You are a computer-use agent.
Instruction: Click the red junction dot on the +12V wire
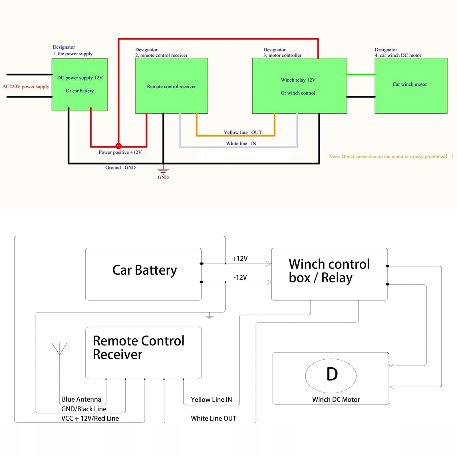[118, 146]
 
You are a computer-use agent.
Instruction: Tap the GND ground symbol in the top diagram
[163, 171]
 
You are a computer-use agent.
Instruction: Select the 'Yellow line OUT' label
[242, 132]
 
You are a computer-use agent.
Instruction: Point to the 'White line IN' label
[241, 144]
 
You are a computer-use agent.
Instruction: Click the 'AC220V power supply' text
[26, 86]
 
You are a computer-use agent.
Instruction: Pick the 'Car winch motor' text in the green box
[409, 84]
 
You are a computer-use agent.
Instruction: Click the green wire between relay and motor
[361, 75]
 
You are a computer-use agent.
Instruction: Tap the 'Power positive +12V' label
[120, 152]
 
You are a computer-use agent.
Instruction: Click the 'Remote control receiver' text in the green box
[171, 86]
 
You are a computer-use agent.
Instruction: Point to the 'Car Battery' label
[144, 270]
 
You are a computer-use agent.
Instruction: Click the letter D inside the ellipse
[332, 374]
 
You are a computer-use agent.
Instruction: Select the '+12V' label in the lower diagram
[240, 259]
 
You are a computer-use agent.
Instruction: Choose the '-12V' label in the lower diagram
[240, 277]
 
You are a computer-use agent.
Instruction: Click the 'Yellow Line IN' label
[211, 400]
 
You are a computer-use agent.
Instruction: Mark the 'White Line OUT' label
[214, 418]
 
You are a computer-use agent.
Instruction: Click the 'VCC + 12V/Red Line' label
[90, 418]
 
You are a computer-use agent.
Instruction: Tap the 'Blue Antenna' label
[81, 399]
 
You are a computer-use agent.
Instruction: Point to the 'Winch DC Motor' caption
[336, 400]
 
